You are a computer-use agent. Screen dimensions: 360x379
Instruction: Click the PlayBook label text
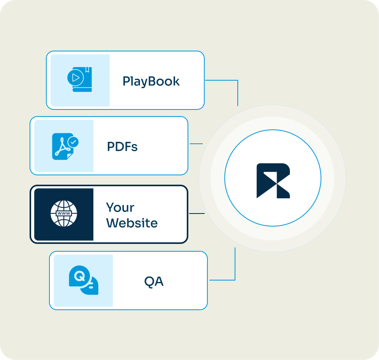click(151, 81)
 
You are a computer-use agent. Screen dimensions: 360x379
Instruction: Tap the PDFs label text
click(122, 147)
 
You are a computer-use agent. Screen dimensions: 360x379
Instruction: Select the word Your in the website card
click(120, 208)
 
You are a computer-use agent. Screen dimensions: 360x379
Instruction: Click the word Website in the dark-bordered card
click(132, 223)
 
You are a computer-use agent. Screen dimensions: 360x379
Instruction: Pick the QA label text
click(154, 281)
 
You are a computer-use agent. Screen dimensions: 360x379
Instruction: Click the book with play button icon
click(80, 79)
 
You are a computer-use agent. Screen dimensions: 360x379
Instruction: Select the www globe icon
click(64, 214)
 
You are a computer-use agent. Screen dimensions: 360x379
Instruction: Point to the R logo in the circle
click(273, 181)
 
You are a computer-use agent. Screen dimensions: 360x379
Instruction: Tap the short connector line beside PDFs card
click(196, 144)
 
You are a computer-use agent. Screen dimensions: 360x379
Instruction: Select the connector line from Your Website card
click(197, 214)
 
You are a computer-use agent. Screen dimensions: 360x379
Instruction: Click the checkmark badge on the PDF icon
click(73, 142)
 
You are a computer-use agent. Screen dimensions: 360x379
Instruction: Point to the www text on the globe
click(64, 214)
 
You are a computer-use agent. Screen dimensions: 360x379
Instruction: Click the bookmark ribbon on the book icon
click(88, 71)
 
